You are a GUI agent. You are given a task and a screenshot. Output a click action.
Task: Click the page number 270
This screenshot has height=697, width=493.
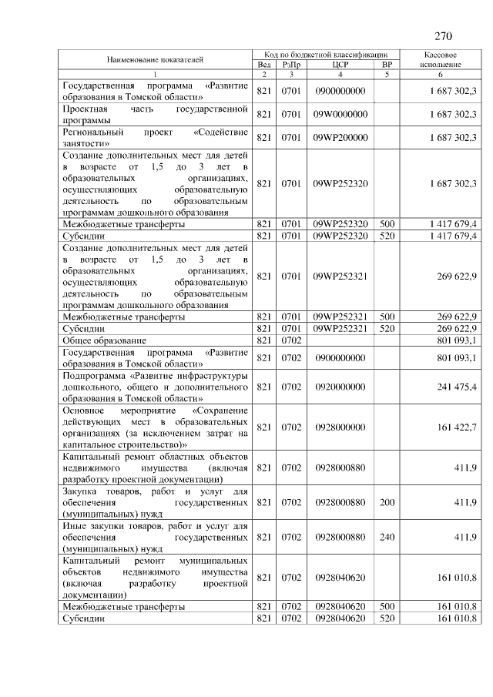pos(442,36)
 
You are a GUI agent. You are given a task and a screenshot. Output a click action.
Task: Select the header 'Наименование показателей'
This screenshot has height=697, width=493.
pos(155,59)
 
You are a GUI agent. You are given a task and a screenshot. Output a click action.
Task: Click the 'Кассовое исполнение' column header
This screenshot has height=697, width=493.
pos(441,60)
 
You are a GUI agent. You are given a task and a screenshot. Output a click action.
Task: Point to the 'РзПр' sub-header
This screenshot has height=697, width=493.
pos(290,65)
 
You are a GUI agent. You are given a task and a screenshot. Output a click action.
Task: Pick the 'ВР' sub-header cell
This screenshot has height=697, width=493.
pos(387,65)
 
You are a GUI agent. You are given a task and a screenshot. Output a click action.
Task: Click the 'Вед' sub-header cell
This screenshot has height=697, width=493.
pos(263,65)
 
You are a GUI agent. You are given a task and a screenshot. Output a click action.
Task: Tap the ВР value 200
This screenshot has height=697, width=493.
pos(387,502)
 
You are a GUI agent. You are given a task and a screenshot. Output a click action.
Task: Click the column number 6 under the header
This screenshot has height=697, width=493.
pos(441,75)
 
